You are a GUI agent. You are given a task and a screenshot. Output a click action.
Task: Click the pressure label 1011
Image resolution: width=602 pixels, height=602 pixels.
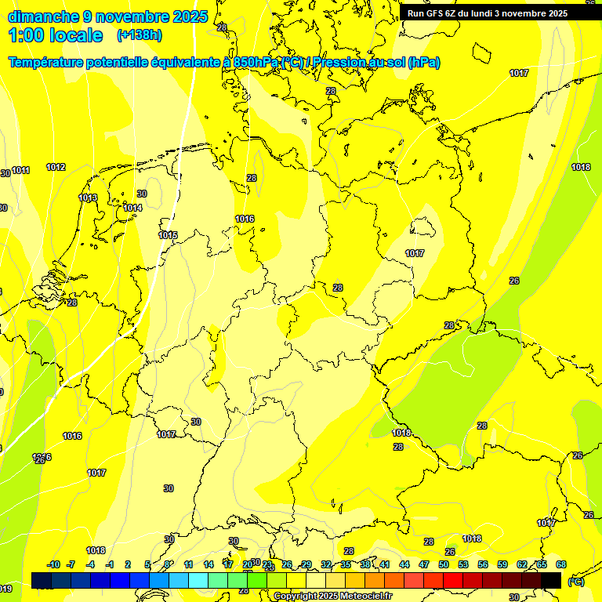point(21,170)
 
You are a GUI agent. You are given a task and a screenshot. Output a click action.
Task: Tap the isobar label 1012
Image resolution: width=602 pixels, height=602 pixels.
point(56,167)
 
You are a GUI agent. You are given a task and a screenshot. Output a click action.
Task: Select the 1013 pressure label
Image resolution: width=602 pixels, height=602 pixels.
point(89,198)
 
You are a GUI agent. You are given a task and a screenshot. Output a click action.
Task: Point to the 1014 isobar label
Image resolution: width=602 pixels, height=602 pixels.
point(132,208)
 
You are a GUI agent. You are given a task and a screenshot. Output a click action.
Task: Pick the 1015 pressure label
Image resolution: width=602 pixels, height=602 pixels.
point(168,235)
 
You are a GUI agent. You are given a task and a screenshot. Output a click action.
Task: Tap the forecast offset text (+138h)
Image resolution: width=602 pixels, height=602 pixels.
point(139,35)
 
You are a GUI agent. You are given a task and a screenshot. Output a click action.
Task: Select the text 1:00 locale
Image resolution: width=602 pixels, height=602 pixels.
point(55,35)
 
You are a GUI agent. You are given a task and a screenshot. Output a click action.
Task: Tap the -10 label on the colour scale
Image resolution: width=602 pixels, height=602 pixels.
point(53,564)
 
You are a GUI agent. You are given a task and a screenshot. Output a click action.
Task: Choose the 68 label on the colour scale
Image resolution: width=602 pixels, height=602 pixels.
point(561,564)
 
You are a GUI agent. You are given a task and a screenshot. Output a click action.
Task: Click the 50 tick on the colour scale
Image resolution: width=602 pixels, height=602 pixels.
point(444,564)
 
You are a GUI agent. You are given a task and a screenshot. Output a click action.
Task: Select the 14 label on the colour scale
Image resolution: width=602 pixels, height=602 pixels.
point(209,564)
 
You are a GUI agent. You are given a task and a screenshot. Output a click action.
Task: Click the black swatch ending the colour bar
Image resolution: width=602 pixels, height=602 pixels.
point(551,580)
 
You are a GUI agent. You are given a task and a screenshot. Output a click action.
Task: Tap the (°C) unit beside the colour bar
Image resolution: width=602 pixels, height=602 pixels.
point(576,582)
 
